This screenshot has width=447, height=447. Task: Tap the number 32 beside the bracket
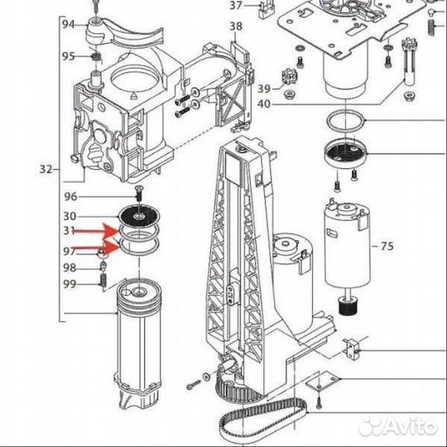pyautogui.click(x=46, y=170)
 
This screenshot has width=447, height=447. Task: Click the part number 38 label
pyautogui.click(x=236, y=26)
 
